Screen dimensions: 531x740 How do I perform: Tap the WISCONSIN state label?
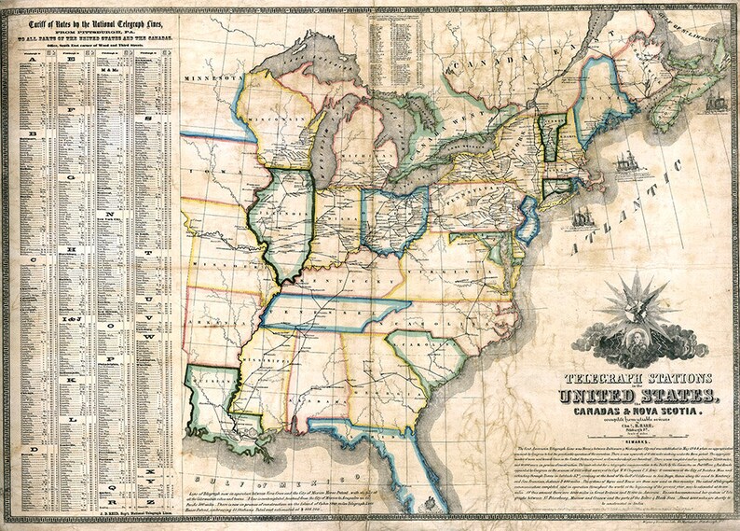[280, 131]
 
